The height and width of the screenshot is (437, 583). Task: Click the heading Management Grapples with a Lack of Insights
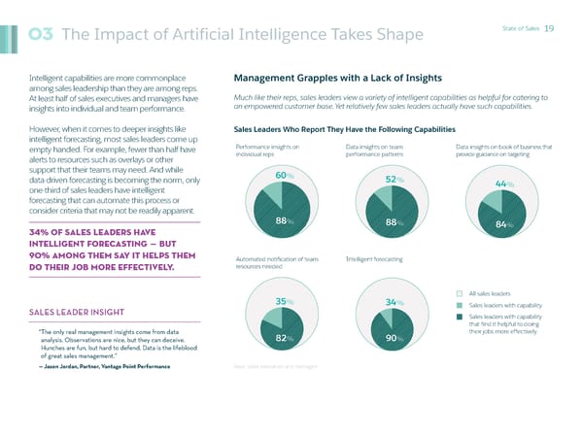(338, 78)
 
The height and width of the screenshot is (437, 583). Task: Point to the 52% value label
(394, 180)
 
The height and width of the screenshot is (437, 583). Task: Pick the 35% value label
(284, 301)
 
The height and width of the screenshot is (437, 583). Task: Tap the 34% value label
(394, 303)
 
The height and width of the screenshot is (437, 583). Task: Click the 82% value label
(285, 338)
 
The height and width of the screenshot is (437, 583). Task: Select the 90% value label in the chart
(394, 338)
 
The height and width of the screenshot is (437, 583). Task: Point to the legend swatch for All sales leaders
(461, 292)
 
